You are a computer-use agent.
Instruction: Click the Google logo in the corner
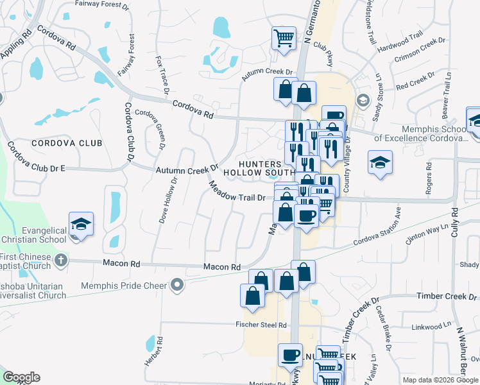click(x=21, y=377)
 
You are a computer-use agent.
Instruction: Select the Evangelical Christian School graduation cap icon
click(x=81, y=224)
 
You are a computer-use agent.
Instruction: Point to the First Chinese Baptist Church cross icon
click(x=60, y=260)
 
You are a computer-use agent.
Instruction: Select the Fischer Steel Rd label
click(x=261, y=325)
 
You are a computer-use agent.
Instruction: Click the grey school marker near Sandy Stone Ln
click(x=363, y=101)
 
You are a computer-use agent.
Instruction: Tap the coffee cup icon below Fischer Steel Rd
click(x=290, y=354)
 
